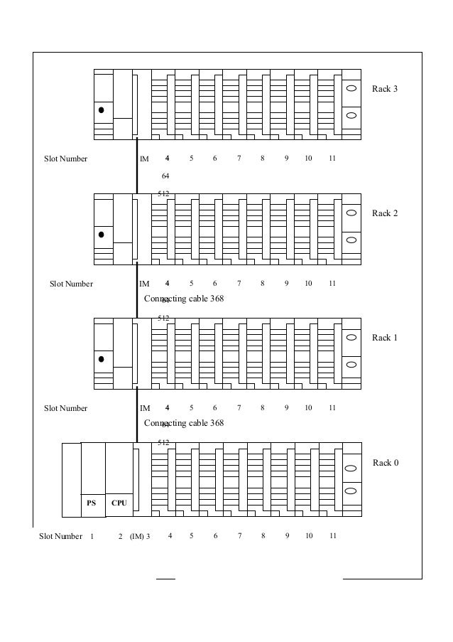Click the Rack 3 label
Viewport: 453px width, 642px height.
[x=385, y=89]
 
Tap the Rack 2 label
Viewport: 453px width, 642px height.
[x=385, y=213]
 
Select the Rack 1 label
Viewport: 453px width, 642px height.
[x=385, y=338]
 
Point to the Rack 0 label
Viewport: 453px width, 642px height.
[x=386, y=463]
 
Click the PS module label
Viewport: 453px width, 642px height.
[x=92, y=503]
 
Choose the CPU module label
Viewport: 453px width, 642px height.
[x=119, y=503]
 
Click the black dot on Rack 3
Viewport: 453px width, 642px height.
[x=102, y=110]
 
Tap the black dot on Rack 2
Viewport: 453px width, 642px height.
[x=102, y=234]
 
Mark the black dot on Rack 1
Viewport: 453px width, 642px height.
[x=102, y=359]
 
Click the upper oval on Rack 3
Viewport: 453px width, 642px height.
[x=351, y=89]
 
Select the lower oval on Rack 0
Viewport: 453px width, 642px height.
[x=351, y=491]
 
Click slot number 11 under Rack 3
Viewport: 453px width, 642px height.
[x=332, y=159]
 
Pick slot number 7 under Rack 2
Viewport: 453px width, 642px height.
[x=239, y=284]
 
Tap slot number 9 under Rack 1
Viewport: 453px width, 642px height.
[x=286, y=408]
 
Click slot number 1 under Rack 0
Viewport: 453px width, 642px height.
[x=92, y=536]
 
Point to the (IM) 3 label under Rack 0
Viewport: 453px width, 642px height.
[x=139, y=536]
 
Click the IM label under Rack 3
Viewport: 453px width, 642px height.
[x=144, y=159]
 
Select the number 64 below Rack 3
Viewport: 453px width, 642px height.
[x=165, y=176]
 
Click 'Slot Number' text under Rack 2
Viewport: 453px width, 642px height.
[x=71, y=284]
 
